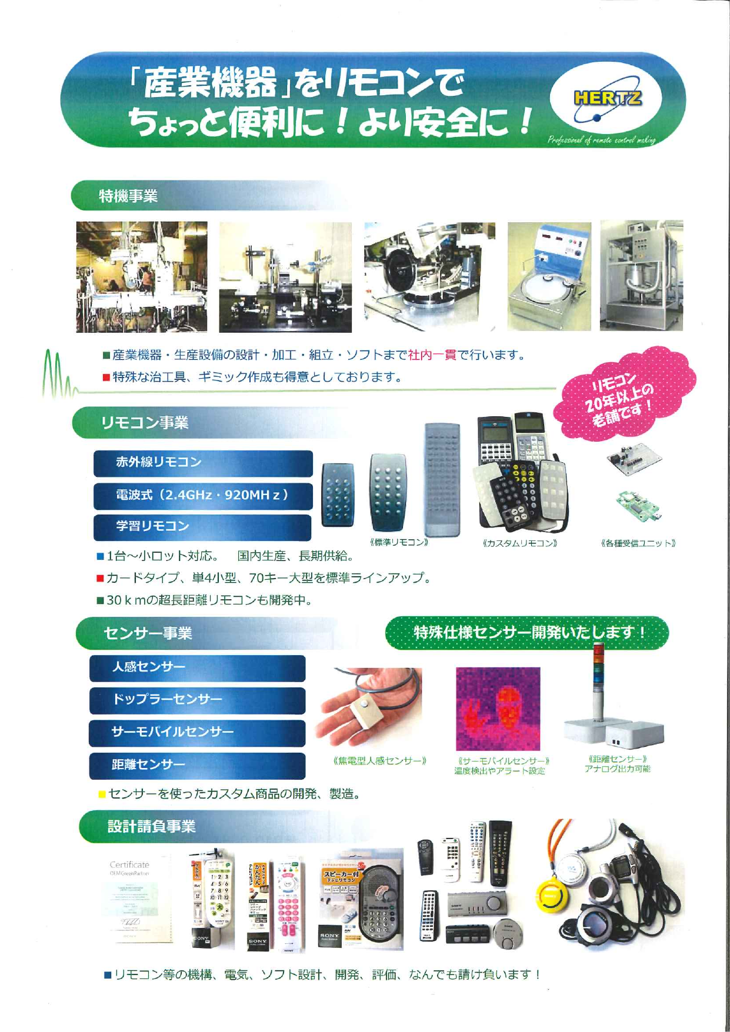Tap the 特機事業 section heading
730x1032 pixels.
click(128, 196)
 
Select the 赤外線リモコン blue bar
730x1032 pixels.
click(203, 463)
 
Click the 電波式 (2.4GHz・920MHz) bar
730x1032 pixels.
click(203, 495)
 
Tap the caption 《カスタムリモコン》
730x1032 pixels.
click(519, 543)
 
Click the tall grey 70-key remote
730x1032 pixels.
click(442, 479)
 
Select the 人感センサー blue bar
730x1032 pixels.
click(197, 667)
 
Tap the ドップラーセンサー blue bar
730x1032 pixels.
click(197, 700)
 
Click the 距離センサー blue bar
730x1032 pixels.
click(197, 765)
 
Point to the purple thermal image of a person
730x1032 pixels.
click(498, 709)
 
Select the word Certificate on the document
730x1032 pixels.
click(129, 865)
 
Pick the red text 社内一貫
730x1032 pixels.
click(432, 355)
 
